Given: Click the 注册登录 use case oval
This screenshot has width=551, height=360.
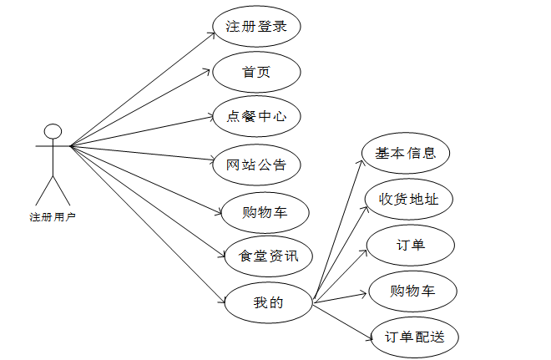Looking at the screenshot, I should [256, 27].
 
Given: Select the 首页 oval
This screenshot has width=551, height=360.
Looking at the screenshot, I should [256, 72].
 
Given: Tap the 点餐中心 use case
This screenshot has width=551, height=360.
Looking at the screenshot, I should [256, 117].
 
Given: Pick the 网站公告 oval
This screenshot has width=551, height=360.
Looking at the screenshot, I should [256, 165].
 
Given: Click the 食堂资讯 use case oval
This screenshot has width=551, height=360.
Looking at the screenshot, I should [268, 256].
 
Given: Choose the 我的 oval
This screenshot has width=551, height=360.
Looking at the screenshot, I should [268, 302].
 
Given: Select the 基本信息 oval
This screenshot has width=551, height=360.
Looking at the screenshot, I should [406, 154].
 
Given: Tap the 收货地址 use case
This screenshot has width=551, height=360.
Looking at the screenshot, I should [409, 200].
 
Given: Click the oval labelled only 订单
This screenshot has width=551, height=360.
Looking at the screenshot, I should [411, 245].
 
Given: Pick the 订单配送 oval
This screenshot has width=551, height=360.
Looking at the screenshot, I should [414, 337].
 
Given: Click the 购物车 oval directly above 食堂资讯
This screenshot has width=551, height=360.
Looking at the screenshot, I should [265, 212].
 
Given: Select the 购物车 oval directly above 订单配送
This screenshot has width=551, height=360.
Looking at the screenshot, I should [412, 292].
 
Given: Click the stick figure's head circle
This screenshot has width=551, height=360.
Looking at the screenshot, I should [53, 131].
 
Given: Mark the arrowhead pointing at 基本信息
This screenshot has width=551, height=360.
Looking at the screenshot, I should [360, 160].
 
